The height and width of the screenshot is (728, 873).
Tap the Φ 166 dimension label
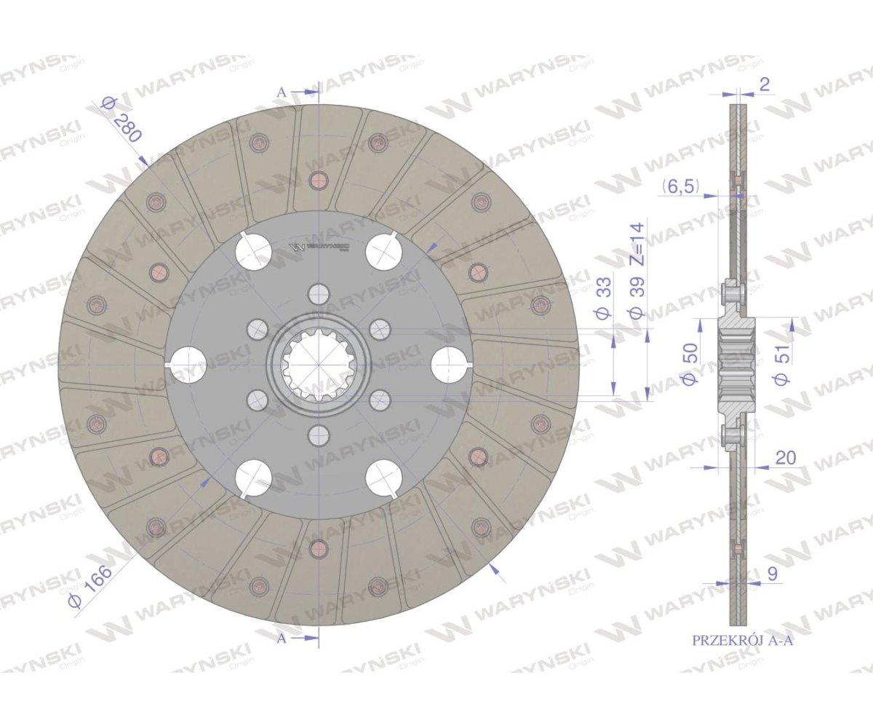point(90,587)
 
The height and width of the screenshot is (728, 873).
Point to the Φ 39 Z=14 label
point(637,270)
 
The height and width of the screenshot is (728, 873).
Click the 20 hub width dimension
point(786,458)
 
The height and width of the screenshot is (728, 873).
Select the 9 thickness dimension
point(772,574)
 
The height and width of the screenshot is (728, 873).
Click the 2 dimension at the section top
point(764,85)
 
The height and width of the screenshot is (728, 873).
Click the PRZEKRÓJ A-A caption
point(743,652)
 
